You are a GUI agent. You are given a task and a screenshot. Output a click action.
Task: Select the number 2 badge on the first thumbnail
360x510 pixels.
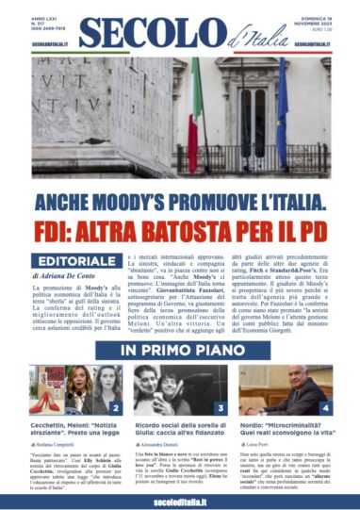[x=114, y=407]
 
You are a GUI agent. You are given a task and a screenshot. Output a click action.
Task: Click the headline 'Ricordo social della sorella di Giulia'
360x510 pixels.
[x=179, y=429]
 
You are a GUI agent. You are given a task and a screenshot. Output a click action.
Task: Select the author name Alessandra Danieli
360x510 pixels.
[x=164, y=452]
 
